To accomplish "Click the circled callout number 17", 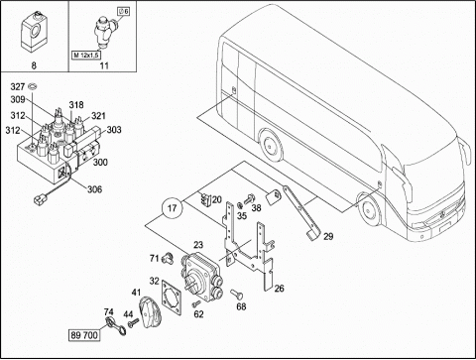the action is (x=172, y=208).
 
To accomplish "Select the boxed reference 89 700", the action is (x=84, y=335).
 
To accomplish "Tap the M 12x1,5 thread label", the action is (x=86, y=55).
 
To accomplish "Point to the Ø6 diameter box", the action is (x=124, y=11).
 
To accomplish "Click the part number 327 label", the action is (x=18, y=86).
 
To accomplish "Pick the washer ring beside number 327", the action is (x=33, y=86).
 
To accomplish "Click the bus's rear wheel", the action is (x=271, y=145).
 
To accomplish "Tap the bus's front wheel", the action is (x=368, y=209).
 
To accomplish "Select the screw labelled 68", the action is (x=236, y=294).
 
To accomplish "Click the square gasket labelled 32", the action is (x=173, y=297).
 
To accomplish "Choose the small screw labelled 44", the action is (x=134, y=322).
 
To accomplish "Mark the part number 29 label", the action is (x=328, y=236).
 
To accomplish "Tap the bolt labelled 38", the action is (x=248, y=198).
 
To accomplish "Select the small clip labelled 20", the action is (x=205, y=199).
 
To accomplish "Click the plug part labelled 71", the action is (x=167, y=258).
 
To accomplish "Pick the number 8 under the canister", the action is (x=34, y=65).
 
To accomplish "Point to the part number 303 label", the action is (x=114, y=130).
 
